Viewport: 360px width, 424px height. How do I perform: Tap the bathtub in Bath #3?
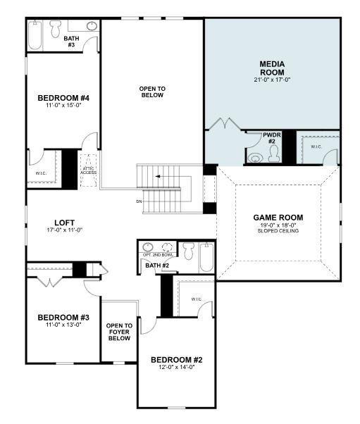click(37, 34)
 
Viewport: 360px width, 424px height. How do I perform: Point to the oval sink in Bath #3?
click(92, 26)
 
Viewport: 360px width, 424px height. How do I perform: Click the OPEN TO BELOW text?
click(151, 92)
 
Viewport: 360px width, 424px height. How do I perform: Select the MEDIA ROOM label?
click(272, 68)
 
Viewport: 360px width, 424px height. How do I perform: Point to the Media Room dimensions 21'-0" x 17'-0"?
click(272, 80)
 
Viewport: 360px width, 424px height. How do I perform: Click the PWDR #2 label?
click(272, 137)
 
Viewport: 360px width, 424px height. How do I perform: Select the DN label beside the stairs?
click(139, 201)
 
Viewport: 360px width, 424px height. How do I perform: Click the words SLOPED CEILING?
click(278, 230)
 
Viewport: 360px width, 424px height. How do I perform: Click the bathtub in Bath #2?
click(206, 258)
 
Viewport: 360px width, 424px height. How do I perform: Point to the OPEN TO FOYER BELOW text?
click(119, 332)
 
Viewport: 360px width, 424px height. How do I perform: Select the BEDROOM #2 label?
click(176, 360)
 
